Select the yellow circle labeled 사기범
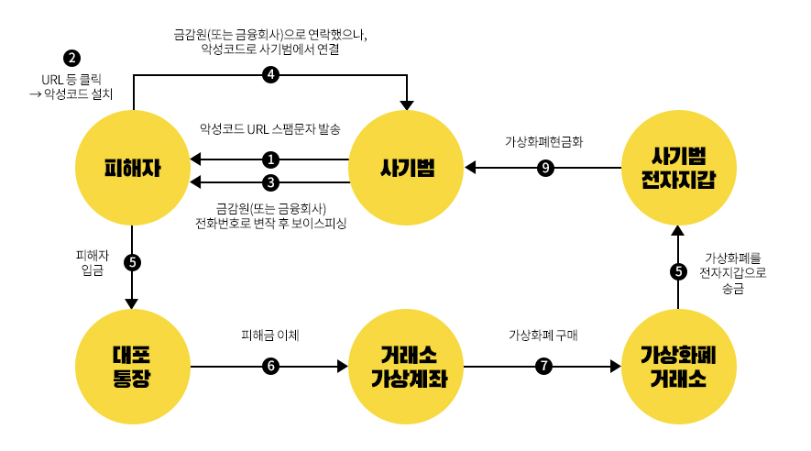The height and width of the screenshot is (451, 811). (x=407, y=169)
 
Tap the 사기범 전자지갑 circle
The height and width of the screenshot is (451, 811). (x=678, y=169)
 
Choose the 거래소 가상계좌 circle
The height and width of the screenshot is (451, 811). (x=407, y=366)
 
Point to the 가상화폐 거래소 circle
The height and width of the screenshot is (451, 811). (x=678, y=366)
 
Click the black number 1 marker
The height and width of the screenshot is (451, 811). (x=270, y=159)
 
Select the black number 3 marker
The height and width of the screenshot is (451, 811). (x=270, y=181)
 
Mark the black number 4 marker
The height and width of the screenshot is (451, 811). (x=270, y=75)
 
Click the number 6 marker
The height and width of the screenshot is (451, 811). (x=270, y=366)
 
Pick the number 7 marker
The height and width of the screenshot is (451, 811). (x=544, y=366)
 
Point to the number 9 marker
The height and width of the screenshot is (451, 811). (x=545, y=169)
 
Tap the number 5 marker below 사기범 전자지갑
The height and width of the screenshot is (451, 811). (x=678, y=271)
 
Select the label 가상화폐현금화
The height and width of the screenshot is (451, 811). (x=544, y=142)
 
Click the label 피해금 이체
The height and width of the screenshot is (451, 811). (x=271, y=335)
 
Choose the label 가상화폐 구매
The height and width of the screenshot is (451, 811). (x=543, y=335)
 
